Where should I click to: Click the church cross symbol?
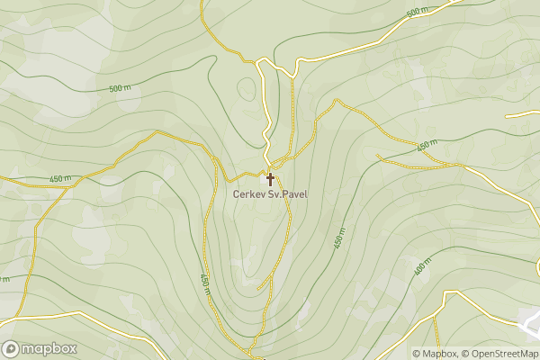[270, 179]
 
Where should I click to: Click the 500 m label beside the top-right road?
[416, 13]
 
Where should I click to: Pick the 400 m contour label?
[422, 267]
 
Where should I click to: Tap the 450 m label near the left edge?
[59, 177]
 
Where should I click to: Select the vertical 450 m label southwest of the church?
[205, 282]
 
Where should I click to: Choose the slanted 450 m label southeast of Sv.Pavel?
[339, 238]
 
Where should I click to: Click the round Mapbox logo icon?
[12, 348]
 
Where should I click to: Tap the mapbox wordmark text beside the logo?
[49, 348]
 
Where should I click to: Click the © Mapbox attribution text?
[435, 354]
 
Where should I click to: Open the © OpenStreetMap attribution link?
[499, 354]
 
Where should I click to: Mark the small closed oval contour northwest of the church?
[246, 88]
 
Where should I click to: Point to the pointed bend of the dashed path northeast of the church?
[336, 100]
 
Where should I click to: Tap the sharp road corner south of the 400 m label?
[447, 292]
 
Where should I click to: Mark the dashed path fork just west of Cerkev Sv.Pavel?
[216, 160]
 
